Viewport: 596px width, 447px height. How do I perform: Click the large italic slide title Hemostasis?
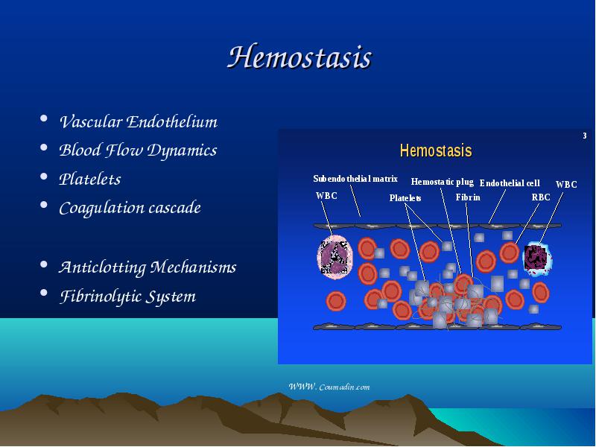click(299, 57)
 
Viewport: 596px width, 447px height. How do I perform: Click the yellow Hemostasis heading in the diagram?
click(436, 150)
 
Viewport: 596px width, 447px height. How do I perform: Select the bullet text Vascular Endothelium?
click(139, 122)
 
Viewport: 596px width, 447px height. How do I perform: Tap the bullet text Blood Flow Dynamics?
click(138, 150)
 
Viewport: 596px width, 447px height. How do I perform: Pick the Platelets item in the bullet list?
click(89, 179)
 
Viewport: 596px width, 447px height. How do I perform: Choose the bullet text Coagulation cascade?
click(130, 209)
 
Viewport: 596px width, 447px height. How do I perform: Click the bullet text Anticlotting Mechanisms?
click(148, 267)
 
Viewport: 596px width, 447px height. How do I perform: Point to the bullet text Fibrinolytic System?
click(127, 297)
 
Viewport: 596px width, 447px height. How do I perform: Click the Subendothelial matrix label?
click(355, 179)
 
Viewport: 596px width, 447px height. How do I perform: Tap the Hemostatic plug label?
click(442, 182)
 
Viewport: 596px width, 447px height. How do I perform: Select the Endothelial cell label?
click(510, 183)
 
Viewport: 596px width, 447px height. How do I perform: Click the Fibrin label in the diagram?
click(468, 197)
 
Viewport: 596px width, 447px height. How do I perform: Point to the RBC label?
click(541, 197)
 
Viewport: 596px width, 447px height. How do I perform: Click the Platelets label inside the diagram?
click(405, 198)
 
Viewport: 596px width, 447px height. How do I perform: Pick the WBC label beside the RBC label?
click(566, 185)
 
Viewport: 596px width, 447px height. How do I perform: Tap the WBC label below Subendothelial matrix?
click(326, 196)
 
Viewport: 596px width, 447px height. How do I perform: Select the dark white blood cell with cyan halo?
click(537, 258)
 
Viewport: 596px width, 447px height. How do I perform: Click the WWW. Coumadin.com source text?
click(329, 387)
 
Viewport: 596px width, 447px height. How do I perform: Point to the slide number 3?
click(585, 136)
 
